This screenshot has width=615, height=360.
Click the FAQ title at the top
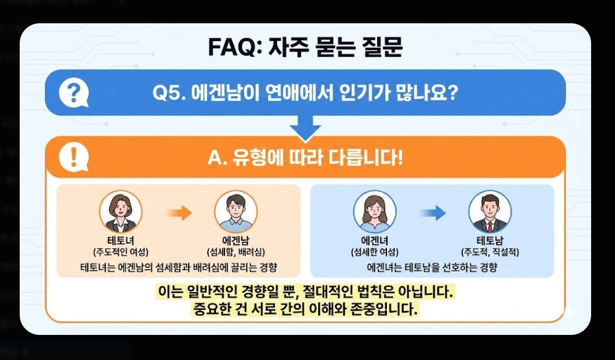[x=305, y=47]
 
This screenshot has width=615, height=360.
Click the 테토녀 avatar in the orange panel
[x=121, y=212]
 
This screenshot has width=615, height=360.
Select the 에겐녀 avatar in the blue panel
[x=374, y=212]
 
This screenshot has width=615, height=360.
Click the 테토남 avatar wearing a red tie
[x=490, y=212]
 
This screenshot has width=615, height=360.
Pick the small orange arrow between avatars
[x=178, y=212]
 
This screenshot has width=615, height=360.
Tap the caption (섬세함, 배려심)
[x=235, y=251]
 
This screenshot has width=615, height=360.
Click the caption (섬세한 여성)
[x=374, y=251]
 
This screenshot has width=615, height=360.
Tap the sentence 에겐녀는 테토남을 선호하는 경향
[x=432, y=267]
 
